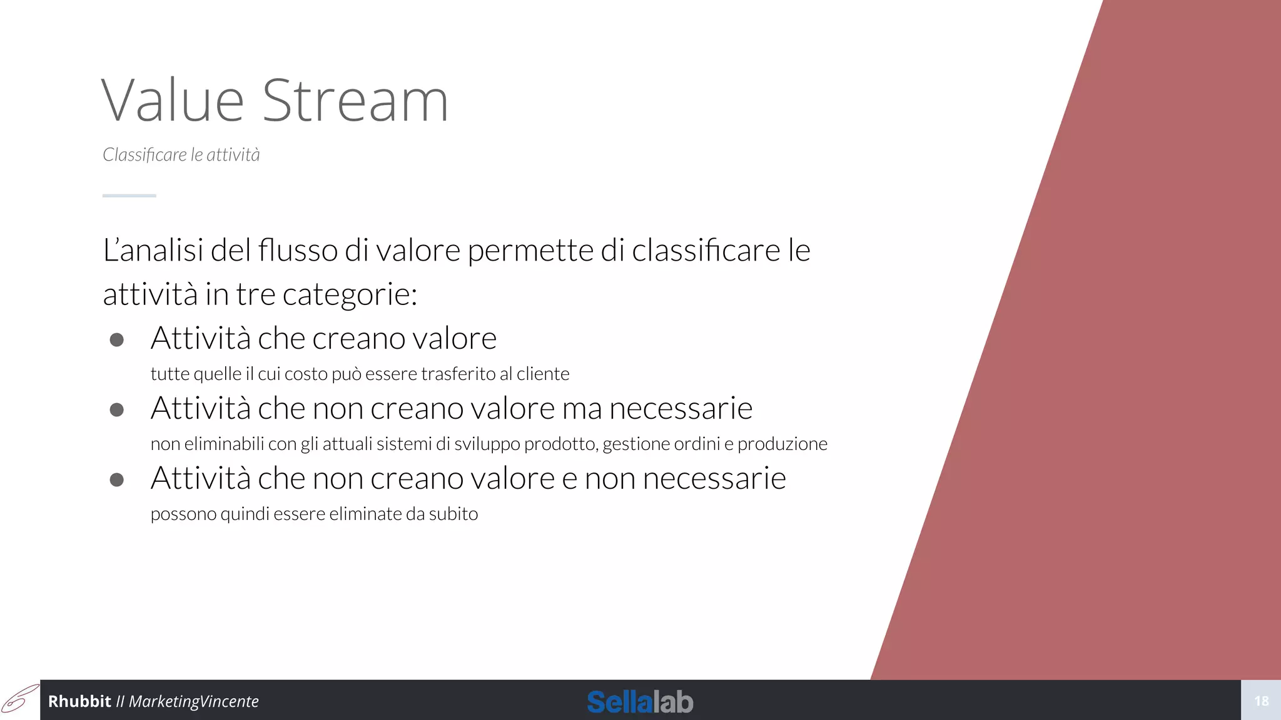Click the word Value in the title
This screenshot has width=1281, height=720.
pyautogui.click(x=173, y=101)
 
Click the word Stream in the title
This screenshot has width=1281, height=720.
pyautogui.click(x=355, y=101)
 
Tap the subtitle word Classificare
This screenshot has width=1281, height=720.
pyautogui.click(x=144, y=154)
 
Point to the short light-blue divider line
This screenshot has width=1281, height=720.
pyautogui.click(x=129, y=196)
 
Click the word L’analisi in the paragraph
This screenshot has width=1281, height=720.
pyautogui.click(x=153, y=251)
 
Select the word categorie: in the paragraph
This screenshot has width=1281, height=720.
pyautogui.click(x=350, y=294)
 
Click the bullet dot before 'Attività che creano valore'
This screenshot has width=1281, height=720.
pyautogui.click(x=116, y=339)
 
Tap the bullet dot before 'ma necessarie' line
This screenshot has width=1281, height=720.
pyautogui.click(x=116, y=409)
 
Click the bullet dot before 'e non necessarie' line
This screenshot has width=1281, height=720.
pyautogui.click(x=116, y=479)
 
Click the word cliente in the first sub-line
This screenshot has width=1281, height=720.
pyautogui.click(x=543, y=374)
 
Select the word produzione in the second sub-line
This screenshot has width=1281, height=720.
pyautogui.click(x=782, y=444)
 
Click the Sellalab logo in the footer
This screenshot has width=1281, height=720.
pyautogui.click(x=640, y=702)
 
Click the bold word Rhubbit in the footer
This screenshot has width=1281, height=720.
pyautogui.click(x=79, y=701)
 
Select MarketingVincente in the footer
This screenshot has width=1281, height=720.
pyautogui.click(x=193, y=701)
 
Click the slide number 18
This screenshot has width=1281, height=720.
pyautogui.click(x=1261, y=701)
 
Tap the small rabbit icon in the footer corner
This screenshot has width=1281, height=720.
pyautogui.click(x=19, y=699)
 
